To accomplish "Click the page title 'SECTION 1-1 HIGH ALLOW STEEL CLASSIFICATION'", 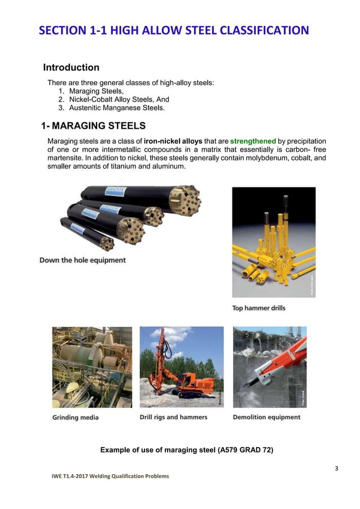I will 174,30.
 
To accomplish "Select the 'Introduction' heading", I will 71,68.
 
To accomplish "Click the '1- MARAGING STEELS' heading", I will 94,125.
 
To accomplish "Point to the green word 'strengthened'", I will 253,141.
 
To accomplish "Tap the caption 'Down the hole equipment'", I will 82,260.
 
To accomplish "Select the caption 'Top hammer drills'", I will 259,308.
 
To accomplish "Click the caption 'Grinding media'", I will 76,418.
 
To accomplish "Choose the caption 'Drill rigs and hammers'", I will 173,418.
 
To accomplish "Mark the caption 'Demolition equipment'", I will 266,418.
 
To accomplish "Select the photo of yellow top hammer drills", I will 273,243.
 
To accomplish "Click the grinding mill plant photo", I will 92,367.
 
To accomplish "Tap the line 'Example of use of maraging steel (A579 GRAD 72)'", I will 179,450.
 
